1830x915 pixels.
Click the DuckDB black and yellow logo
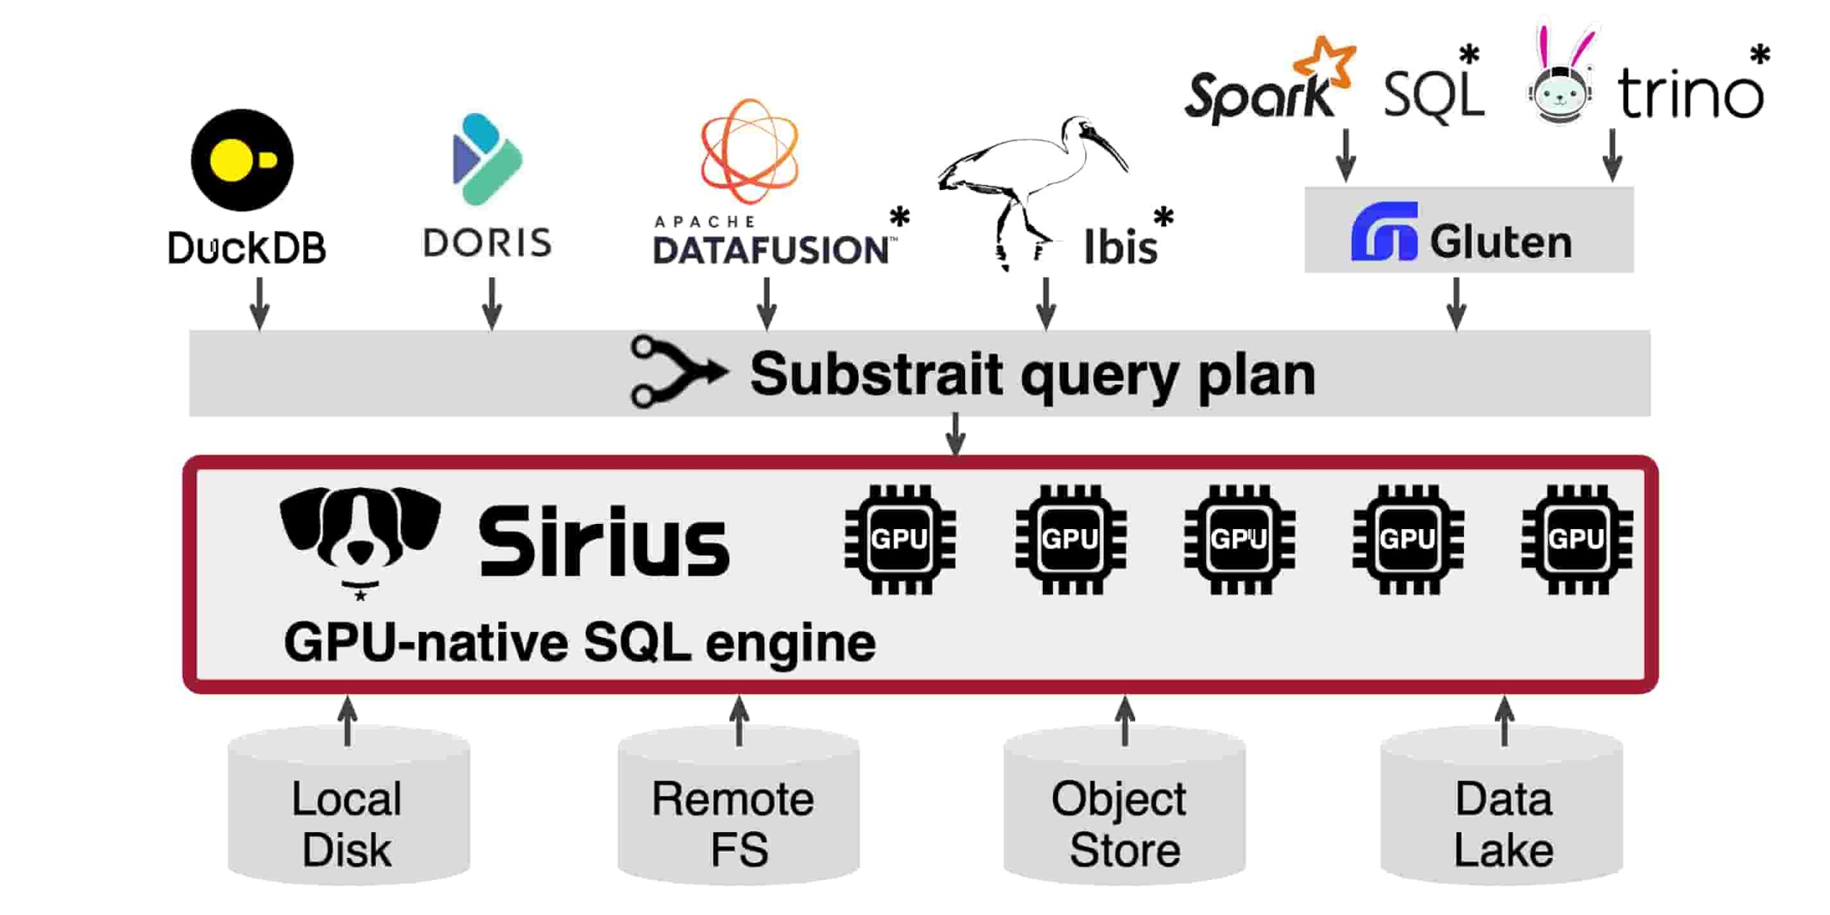click(x=242, y=160)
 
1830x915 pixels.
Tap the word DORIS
click(x=488, y=243)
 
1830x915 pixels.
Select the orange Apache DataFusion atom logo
click(x=749, y=151)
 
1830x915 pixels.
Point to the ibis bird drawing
click(x=1029, y=179)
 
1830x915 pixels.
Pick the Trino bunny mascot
click(x=1561, y=86)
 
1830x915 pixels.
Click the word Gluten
click(x=1500, y=242)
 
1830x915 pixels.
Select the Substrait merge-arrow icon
click(x=677, y=372)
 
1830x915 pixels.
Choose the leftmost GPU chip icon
click(x=899, y=539)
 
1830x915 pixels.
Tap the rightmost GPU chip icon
click(x=1576, y=539)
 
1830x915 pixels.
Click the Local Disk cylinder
click(x=348, y=808)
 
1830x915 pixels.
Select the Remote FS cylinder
click(x=738, y=808)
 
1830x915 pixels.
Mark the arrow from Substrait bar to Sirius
click(x=956, y=434)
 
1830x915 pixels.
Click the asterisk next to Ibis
click(x=1163, y=215)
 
